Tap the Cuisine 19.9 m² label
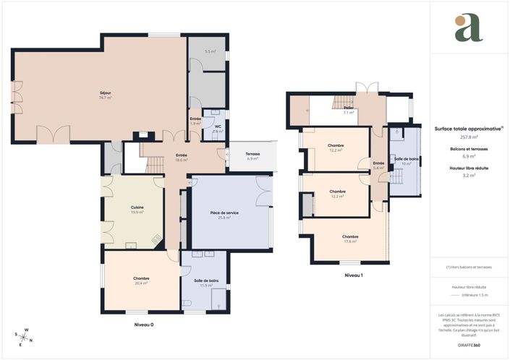pos(137,210)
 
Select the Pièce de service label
pos(224,215)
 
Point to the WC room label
pos(217,129)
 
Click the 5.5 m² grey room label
pos(210,51)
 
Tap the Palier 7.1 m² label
pos(348,111)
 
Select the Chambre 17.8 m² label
pos(350,239)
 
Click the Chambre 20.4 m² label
pos(140,280)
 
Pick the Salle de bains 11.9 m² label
pos(206,283)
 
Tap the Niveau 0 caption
pos(144,325)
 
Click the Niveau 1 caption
pos(353,275)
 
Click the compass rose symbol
pos(23,338)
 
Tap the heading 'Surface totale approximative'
pos(467,128)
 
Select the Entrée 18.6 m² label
pos(181,158)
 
